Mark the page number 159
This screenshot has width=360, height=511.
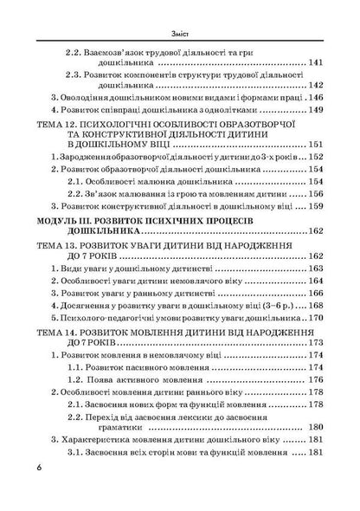point(318,205)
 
